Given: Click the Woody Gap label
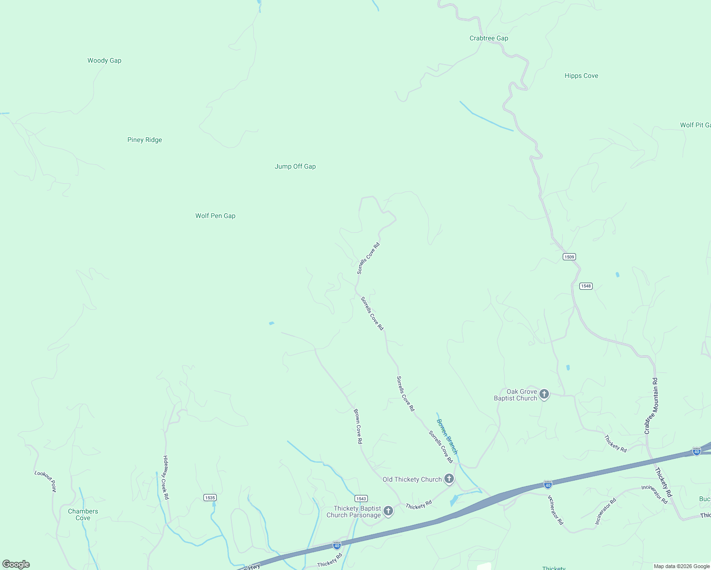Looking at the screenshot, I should click(x=104, y=61).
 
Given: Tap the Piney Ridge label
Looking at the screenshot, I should click(x=144, y=140).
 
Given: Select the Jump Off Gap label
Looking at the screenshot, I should click(x=295, y=167).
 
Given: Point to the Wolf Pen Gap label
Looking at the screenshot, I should click(x=215, y=216).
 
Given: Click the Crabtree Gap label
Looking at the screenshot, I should click(x=489, y=38).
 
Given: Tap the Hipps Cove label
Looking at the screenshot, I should click(x=581, y=76).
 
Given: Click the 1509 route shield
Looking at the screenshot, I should click(x=569, y=257).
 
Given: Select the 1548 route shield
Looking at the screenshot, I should click(x=586, y=286).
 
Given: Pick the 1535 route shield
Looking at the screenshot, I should click(x=210, y=498).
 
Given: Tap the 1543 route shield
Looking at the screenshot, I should click(x=361, y=498).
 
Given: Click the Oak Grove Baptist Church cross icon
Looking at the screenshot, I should click(x=544, y=394).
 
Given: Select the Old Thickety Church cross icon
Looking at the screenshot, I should click(x=449, y=479).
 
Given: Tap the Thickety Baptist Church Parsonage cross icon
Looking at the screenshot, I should click(x=388, y=511).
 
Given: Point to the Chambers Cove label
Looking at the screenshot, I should click(x=83, y=514).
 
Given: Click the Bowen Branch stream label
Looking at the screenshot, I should click(x=447, y=437).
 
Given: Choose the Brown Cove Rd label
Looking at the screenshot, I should click(x=358, y=426).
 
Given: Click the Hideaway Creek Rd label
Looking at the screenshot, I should click(x=166, y=477).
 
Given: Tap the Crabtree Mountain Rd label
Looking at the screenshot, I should click(x=651, y=406).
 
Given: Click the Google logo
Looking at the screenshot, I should click(x=16, y=564).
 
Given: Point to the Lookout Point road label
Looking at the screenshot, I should click(x=45, y=481).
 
